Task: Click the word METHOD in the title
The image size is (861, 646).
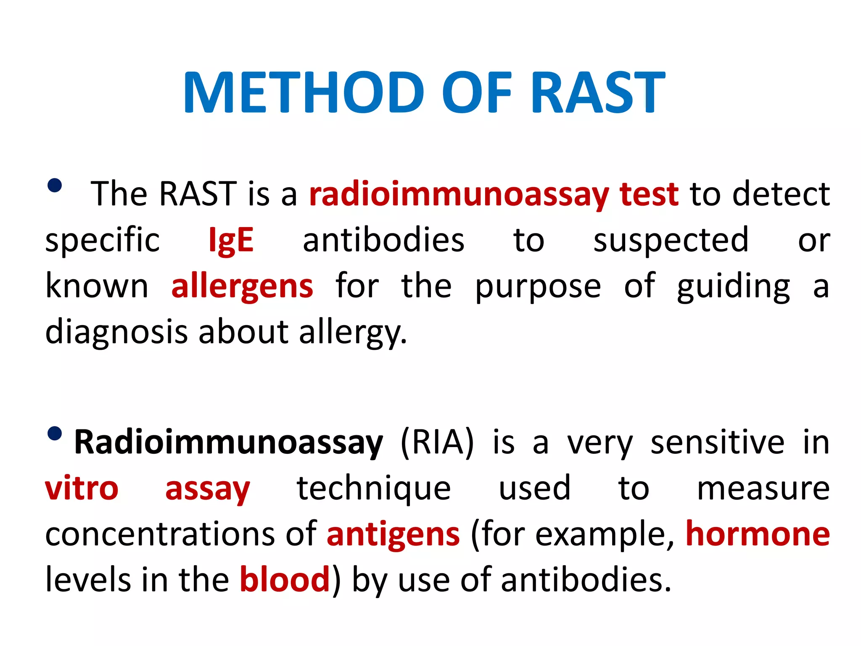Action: click(x=304, y=93)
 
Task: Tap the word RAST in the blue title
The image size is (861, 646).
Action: click(x=597, y=93)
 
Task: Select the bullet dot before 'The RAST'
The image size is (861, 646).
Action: click(x=55, y=185)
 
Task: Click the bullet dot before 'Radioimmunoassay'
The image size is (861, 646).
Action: click(x=55, y=433)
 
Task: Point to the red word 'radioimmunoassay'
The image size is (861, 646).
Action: click(x=459, y=195)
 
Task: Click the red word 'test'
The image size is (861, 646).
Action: click(x=649, y=195)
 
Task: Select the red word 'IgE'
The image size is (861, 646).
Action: click(x=231, y=241)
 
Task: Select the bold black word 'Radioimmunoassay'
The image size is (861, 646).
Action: click(x=228, y=443)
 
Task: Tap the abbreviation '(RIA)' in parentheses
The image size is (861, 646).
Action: click(x=437, y=442)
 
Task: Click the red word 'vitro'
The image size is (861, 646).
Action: click(x=82, y=489)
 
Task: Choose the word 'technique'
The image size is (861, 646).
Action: click(x=374, y=490)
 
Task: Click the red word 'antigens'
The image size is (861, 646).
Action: click(x=393, y=535)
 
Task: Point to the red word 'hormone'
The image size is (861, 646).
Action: click(x=758, y=534)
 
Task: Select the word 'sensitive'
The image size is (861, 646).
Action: click(x=717, y=442)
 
